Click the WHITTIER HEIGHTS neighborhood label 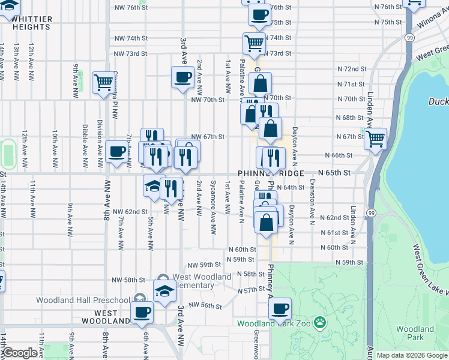pyautogui.click(x=32, y=23)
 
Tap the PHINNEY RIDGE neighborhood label pyautogui.click(x=271, y=173)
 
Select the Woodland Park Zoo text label pyautogui.click(x=273, y=323)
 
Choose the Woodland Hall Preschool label pyautogui.click(x=83, y=300)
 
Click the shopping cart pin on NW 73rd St pyautogui.click(x=254, y=43)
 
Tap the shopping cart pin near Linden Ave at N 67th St pyautogui.click(x=375, y=139)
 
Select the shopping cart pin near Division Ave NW pyautogui.click(x=103, y=82)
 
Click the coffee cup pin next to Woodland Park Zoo pyautogui.click(x=279, y=310)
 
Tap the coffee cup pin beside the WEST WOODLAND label pyautogui.click(x=142, y=313)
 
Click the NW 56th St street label pyautogui.click(x=205, y=305)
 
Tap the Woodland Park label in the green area pyautogui.click(x=415, y=333)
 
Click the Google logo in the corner pyautogui.click(x=19, y=353)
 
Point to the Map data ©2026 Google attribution pyautogui.click(x=412, y=355)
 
